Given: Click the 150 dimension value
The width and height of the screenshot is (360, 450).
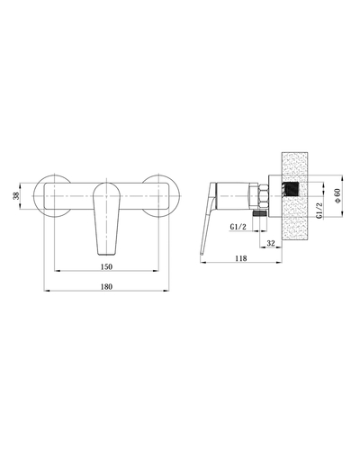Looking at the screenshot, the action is pyautogui.click(x=106, y=266).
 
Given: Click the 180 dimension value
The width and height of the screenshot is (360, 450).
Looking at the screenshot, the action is pyautogui.click(x=106, y=286).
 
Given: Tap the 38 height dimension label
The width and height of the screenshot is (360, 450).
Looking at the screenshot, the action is pyautogui.click(x=16, y=196).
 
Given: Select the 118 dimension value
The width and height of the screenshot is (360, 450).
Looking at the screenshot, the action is pyautogui.click(x=241, y=258).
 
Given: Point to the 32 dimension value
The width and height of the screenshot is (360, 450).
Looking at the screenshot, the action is pyautogui.click(x=271, y=243).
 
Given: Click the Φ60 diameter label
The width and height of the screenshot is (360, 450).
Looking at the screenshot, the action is pyautogui.click(x=337, y=195).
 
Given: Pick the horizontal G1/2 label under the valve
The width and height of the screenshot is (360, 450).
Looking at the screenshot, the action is pyautogui.click(x=238, y=227).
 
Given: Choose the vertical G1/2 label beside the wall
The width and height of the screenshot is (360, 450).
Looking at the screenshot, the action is pyautogui.click(x=319, y=210).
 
